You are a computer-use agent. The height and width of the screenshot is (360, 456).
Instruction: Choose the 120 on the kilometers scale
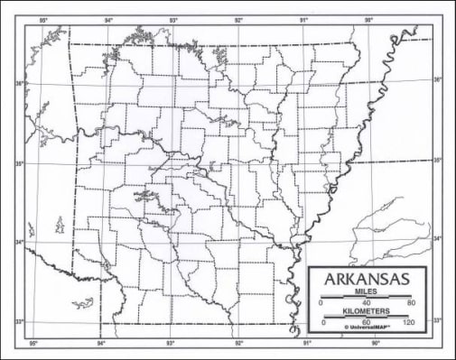[408, 322]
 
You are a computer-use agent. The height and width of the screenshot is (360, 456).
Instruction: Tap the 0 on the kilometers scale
[322, 322]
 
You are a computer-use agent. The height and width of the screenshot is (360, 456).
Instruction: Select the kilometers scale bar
[367, 316]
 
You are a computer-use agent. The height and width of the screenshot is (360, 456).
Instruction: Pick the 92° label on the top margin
[238, 19]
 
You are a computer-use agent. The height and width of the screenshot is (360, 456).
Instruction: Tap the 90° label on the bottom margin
[375, 344]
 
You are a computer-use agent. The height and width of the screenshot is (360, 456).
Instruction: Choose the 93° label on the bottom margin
[171, 344]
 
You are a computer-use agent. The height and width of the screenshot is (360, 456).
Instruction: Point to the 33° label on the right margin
[437, 319]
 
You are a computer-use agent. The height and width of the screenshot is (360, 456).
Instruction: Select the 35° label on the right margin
[437, 160]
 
